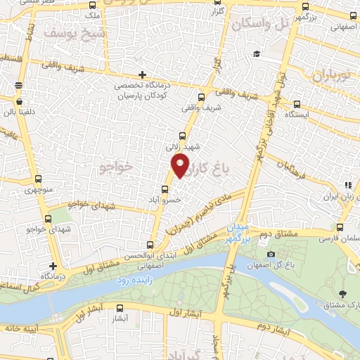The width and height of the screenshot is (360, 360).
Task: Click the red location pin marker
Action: tap(181, 166)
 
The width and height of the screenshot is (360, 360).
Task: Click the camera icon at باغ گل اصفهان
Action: tap(271, 254)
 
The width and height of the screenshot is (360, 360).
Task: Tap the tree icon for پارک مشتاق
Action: tap(342, 294)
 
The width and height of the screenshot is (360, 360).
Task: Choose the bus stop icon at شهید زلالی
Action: tap(183, 135)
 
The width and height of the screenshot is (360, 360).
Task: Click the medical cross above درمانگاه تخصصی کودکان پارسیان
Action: tap(143, 74)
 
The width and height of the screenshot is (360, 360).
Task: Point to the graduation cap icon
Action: tap(257, 54)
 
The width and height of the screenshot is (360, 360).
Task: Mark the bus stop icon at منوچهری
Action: tap(38, 178)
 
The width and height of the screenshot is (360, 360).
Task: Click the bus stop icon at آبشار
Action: tap(119, 307)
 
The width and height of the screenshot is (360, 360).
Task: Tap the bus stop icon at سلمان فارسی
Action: tap(340, 227)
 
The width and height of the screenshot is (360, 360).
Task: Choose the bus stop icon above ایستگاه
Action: tap(296, 101)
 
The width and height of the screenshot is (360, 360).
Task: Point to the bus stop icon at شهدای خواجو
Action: tap(49, 218)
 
